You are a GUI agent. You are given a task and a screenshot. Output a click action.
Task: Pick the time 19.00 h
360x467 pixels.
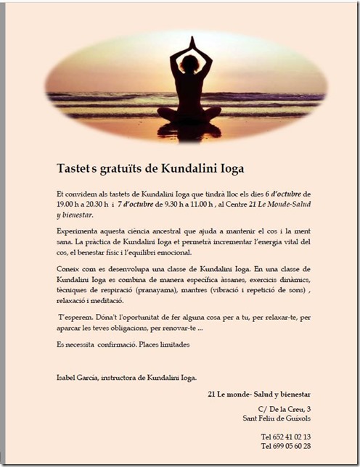(70, 204)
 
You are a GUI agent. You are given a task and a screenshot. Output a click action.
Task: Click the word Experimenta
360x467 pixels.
(77, 230)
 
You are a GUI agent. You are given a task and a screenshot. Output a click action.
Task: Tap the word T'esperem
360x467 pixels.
(75, 317)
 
